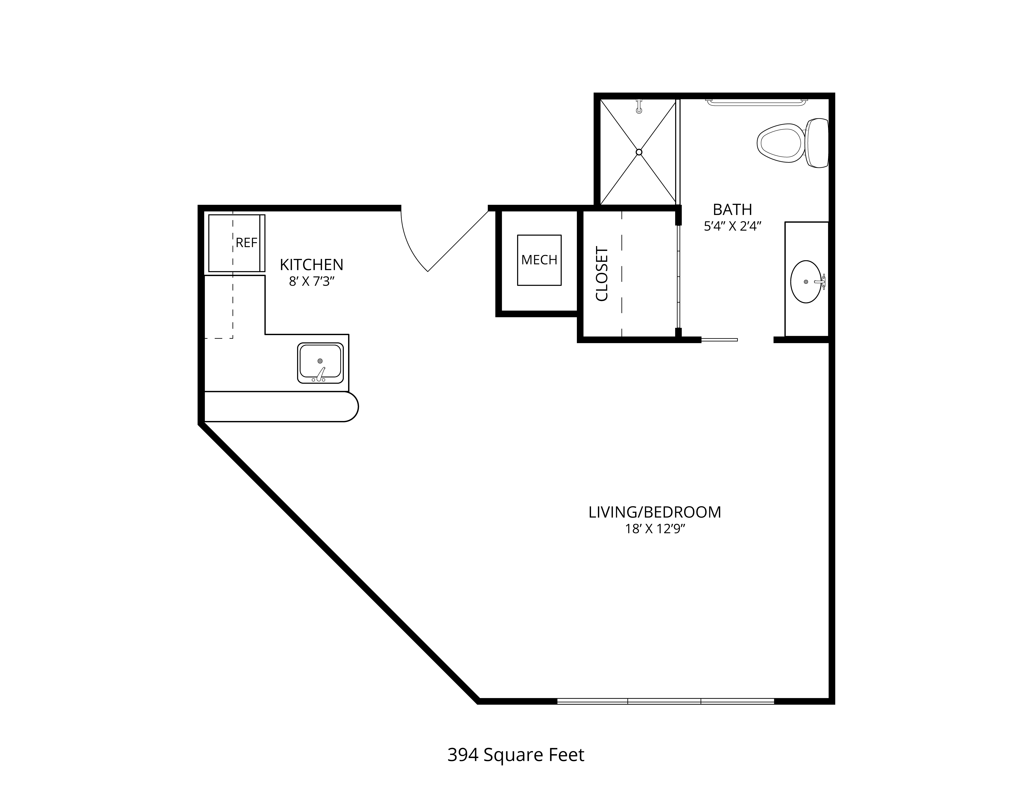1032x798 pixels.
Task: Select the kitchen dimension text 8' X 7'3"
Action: (x=311, y=282)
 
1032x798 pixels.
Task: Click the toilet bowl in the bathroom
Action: (x=780, y=141)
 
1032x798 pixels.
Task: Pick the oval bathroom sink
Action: (x=806, y=282)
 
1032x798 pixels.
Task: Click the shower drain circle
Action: (x=639, y=152)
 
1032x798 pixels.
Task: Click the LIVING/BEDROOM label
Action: (x=655, y=512)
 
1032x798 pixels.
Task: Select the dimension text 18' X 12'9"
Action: (x=655, y=529)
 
